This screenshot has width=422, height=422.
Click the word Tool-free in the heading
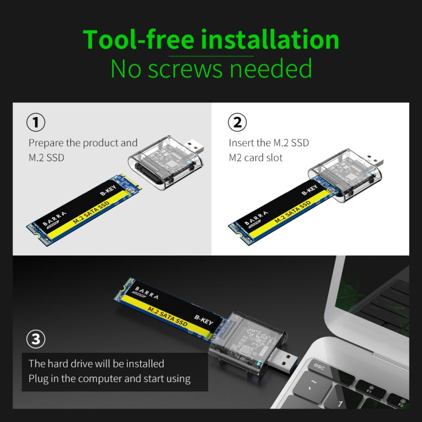coord(139,40)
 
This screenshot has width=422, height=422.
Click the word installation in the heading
coord(270,40)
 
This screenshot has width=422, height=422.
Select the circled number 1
coord(36,122)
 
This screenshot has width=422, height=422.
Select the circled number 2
coord(237,122)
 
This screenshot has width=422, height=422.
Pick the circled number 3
coord(36,339)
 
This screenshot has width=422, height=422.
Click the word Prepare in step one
coord(46,143)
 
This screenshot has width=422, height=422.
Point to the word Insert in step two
coord(241,143)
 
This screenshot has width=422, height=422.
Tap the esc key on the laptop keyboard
coord(319,367)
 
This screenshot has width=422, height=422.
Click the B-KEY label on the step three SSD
coord(204,318)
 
